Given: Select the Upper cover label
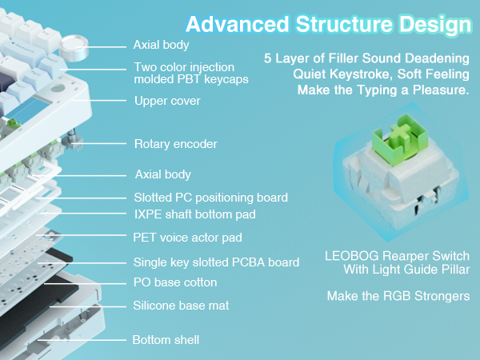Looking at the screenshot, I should (166, 101).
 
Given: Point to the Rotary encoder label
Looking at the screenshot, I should (175, 144).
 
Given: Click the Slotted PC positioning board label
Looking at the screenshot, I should (210, 197).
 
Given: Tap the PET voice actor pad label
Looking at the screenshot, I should (187, 237).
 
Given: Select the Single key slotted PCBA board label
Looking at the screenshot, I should (216, 262).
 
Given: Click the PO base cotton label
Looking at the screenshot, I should (174, 282).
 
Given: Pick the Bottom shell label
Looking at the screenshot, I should (166, 340).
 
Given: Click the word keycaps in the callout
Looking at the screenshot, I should (226, 80).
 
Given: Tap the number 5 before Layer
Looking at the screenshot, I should (267, 58).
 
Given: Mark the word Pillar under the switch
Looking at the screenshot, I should (450, 270).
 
